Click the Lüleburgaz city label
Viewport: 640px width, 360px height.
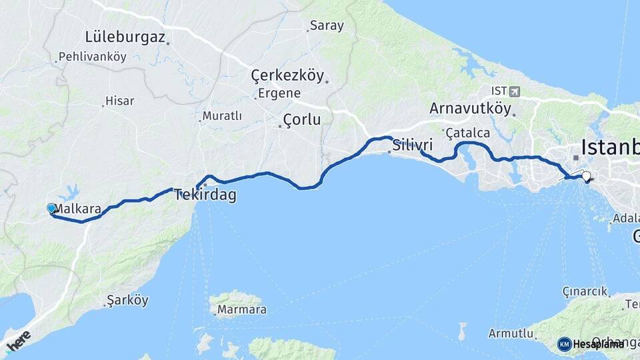(x=125, y=37)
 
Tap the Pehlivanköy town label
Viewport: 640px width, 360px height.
(x=93, y=57)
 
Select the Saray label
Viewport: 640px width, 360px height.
(x=327, y=27)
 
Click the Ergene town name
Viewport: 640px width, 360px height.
(x=279, y=93)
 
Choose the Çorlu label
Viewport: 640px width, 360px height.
(x=301, y=120)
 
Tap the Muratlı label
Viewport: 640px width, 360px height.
(x=222, y=116)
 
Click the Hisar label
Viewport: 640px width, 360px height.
(x=120, y=101)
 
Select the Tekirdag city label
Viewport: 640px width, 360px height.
(x=205, y=195)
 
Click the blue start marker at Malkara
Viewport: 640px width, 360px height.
(x=51, y=209)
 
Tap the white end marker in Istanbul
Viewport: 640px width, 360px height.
(x=587, y=177)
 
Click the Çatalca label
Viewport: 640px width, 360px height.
(x=468, y=133)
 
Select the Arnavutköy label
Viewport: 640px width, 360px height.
(x=470, y=109)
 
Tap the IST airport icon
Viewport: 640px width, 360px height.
(x=513, y=91)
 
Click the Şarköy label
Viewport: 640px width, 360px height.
(x=129, y=301)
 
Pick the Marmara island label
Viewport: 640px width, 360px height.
(x=241, y=309)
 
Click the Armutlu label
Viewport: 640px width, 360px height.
(x=510, y=333)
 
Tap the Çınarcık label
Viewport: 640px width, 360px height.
(x=585, y=291)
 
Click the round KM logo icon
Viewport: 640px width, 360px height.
(x=565, y=344)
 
